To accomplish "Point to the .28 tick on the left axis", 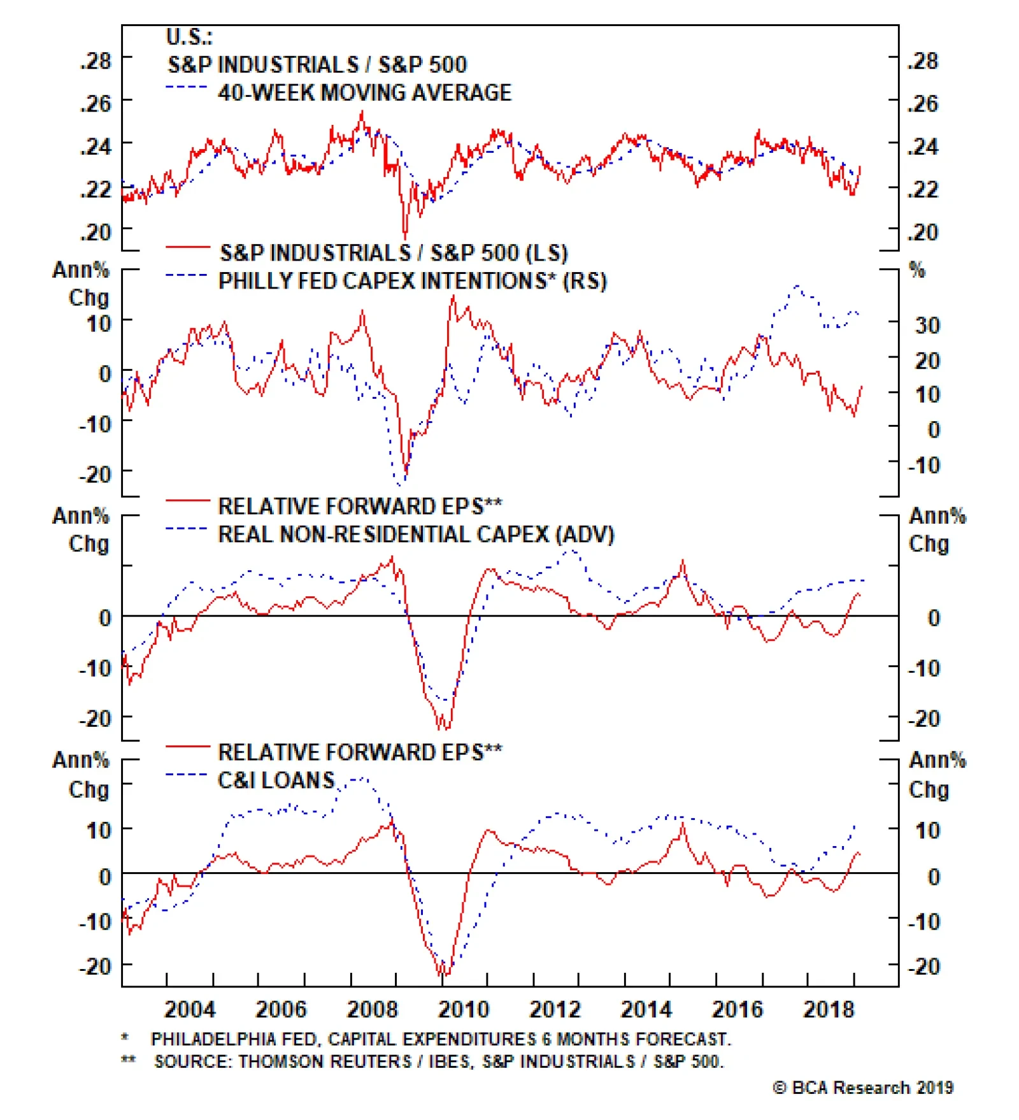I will click(x=96, y=61).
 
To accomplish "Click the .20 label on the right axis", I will click(x=923, y=233).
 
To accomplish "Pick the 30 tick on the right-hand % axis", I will click(x=927, y=326).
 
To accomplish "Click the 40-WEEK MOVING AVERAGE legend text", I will click(x=364, y=93).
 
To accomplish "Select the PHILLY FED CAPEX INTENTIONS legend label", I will click(x=412, y=281).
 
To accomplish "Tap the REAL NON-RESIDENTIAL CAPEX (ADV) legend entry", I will click(x=416, y=535).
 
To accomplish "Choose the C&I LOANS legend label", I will click(x=276, y=780).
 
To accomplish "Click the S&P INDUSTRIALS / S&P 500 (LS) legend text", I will click(x=394, y=253).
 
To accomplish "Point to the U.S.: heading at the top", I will click(x=189, y=37).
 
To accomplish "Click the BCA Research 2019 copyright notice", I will click(x=864, y=1088).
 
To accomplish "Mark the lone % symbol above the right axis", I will click(x=916, y=270).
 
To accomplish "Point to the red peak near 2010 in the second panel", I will click(x=453, y=297).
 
